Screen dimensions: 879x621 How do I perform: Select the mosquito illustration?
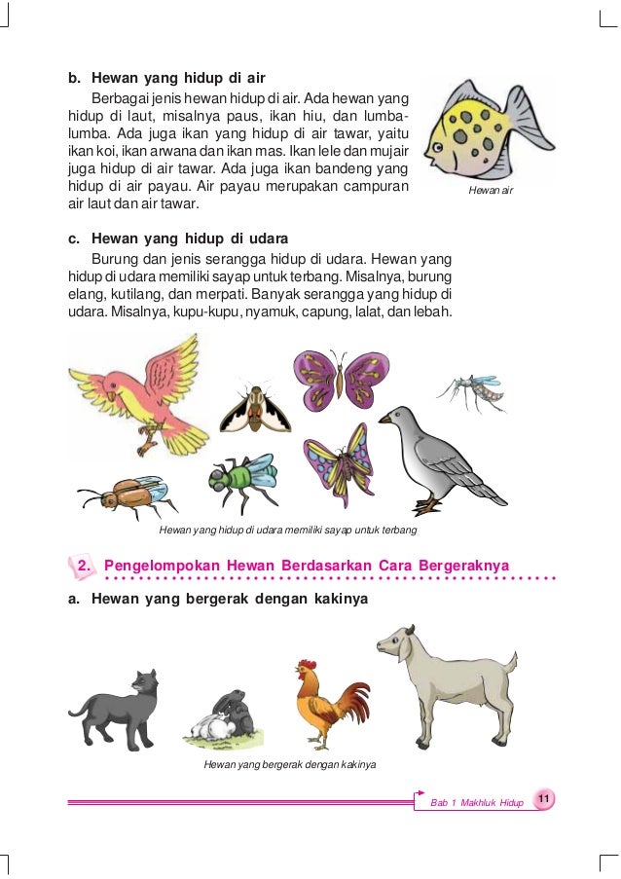point(472,391)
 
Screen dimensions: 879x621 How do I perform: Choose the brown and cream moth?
point(254,410)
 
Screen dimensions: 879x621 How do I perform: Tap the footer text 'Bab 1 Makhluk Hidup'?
point(476,802)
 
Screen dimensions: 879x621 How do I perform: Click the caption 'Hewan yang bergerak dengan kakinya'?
point(289,765)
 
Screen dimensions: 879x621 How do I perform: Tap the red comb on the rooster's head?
point(308,665)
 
